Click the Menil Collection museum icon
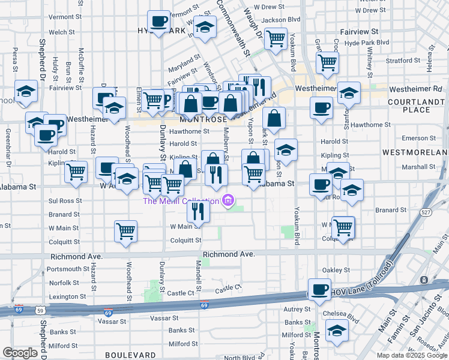(228, 200)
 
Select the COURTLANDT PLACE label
(417, 106)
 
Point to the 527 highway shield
(426, 212)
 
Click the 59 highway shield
(40, 311)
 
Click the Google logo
(20, 352)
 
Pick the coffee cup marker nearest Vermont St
(159, 22)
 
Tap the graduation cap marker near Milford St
(337, 330)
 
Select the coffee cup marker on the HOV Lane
(319, 289)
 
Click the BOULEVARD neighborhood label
(125, 355)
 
